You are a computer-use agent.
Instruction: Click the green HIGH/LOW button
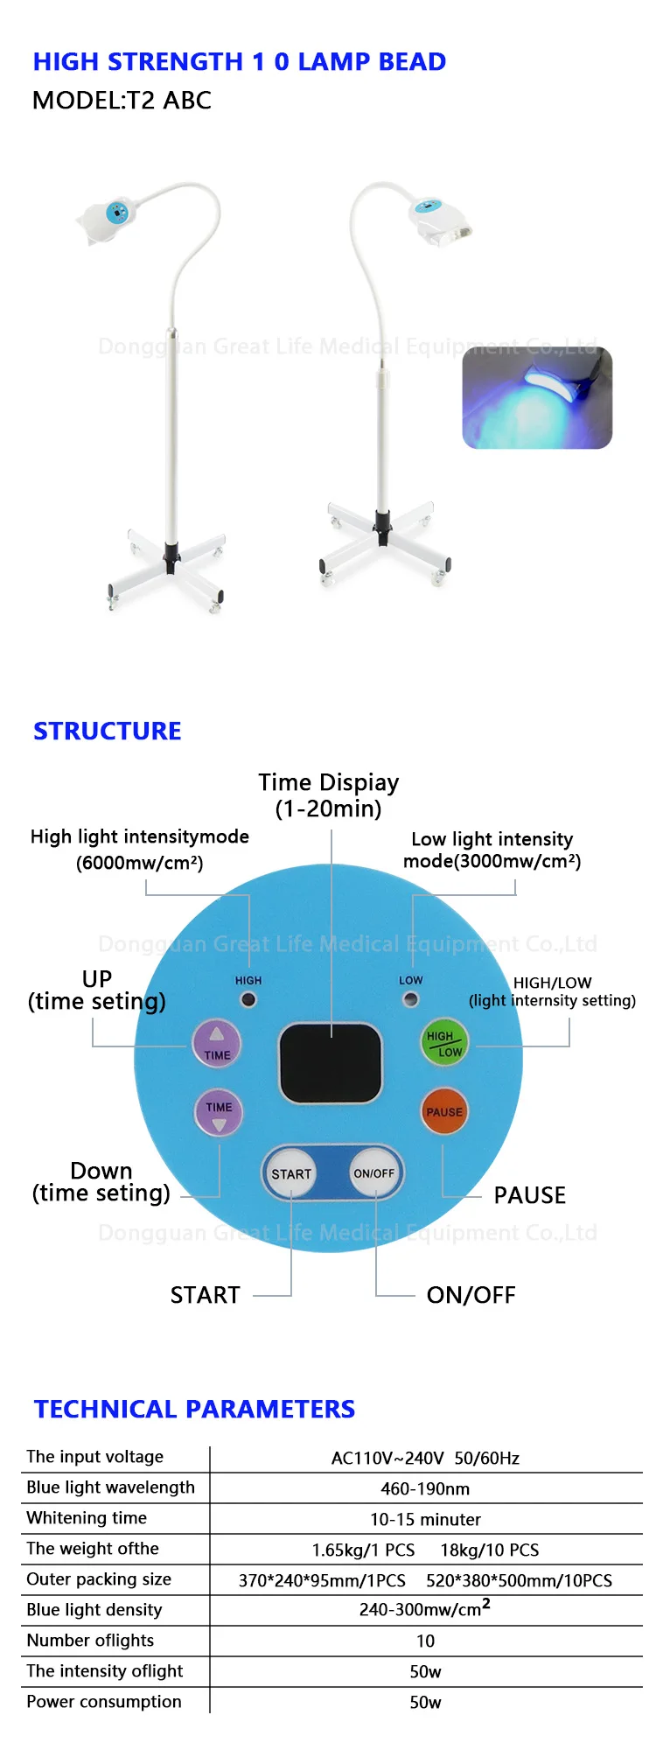(x=444, y=1043)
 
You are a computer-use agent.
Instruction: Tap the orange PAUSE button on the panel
(x=444, y=1111)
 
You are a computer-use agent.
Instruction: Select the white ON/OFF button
(x=373, y=1172)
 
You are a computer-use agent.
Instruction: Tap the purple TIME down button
(x=219, y=1112)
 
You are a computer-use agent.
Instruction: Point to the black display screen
(x=331, y=1062)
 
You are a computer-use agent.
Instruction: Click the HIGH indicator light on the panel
(x=249, y=999)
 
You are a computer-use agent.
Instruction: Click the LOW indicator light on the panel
(x=410, y=999)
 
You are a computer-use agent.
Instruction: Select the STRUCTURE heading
(x=108, y=731)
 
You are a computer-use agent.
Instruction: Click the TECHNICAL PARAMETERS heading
(x=194, y=1409)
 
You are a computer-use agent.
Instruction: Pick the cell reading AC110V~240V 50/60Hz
(x=425, y=1458)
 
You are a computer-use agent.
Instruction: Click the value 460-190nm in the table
(x=425, y=1488)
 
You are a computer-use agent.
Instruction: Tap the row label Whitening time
(x=87, y=1518)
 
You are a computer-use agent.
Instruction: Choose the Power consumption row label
(x=104, y=1702)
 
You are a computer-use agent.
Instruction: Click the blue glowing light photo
(x=537, y=398)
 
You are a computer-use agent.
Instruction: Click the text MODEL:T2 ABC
(x=122, y=101)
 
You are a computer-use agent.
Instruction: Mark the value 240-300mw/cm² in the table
(x=425, y=1609)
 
